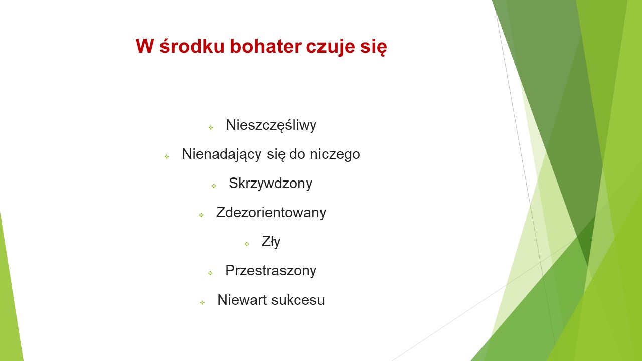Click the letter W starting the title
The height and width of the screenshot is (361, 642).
pyautogui.click(x=145, y=46)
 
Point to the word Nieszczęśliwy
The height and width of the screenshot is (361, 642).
pyautogui.click(x=271, y=125)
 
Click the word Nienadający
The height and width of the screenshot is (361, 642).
pyautogui.click(x=222, y=154)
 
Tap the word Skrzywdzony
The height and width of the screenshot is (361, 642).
pyautogui.click(x=270, y=184)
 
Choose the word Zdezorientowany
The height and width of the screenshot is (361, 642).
pyautogui.click(x=271, y=212)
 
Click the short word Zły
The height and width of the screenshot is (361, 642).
pyautogui.click(x=271, y=242)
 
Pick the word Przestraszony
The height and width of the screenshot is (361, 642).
pyautogui.click(x=271, y=271)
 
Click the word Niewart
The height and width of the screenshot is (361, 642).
pyautogui.click(x=242, y=300)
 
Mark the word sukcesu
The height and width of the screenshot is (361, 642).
pyautogui.click(x=298, y=300)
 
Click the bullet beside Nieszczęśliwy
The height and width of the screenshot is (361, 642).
pyautogui.click(x=211, y=127)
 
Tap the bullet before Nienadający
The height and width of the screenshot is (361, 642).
pyautogui.click(x=167, y=157)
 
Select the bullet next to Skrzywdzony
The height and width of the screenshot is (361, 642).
pyautogui.click(x=214, y=186)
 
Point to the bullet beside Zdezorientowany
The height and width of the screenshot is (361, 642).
pyautogui.click(x=201, y=215)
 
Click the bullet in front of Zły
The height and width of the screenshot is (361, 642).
pyautogui.click(x=247, y=244)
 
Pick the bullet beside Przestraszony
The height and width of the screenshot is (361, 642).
pyautogui.click(x=210, y=273)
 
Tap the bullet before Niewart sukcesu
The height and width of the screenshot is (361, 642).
pyautogui.click(x=202, y=302)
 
